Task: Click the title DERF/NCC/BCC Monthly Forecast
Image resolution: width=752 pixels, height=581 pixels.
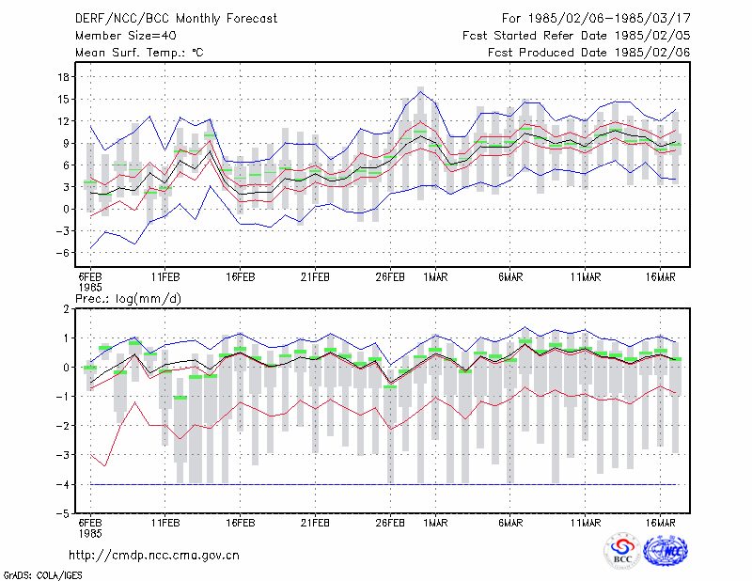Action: [176, 19]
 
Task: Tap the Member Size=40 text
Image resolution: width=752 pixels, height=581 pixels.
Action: [126, 36]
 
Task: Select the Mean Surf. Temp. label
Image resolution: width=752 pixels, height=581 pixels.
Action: [139, 53]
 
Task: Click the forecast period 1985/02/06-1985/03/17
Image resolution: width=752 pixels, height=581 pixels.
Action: [596, 19]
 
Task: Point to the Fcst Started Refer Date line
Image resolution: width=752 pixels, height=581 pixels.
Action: [576, 36]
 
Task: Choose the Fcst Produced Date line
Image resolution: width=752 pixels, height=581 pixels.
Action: [589, 53]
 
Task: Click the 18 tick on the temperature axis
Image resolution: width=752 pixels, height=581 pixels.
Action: [63, 77]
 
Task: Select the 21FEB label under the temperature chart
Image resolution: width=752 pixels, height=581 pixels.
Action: [315, 277]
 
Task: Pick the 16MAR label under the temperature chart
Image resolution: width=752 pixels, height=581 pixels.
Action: [661, 277]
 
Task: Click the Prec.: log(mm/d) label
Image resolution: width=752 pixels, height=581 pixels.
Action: [128, 299]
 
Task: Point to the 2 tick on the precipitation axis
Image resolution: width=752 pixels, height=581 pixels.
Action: [66, 309]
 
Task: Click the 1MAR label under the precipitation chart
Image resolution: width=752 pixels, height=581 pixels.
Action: [435, 523]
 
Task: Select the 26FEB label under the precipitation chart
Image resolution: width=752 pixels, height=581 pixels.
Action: [390, 523]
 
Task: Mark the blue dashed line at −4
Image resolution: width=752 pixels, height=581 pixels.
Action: [384, 484]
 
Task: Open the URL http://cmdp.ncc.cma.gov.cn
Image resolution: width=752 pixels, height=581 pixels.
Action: [154, 556]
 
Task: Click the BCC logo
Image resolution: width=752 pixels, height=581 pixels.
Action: [622, 552]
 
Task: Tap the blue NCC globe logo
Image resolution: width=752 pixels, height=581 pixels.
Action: [666, 551]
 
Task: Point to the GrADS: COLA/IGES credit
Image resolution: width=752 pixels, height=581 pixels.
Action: [43, 575]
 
